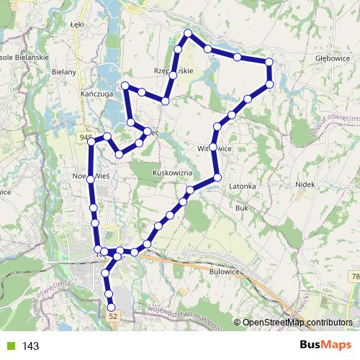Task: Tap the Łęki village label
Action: click(x=78, y=24)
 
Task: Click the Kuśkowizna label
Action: click(x=174, y=174)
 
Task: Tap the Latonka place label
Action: click(x=243, y=186)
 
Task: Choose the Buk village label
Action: click(x=242, y=207)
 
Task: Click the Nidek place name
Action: click(x=306, y=185)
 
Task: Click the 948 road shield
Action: click(x=86, y=136)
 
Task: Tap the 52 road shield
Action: click(x=112, y=315)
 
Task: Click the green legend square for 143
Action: click(x=9, y=346)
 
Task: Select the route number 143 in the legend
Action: click(x=31, y=346)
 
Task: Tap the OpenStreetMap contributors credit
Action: click(x=297, y=322)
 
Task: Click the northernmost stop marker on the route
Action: click(x=188, y=33)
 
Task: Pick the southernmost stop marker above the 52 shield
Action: click(x=109, y=294)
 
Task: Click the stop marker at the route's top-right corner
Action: click(x=270, y=63)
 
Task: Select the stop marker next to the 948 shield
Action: click(x=91, y=142)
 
